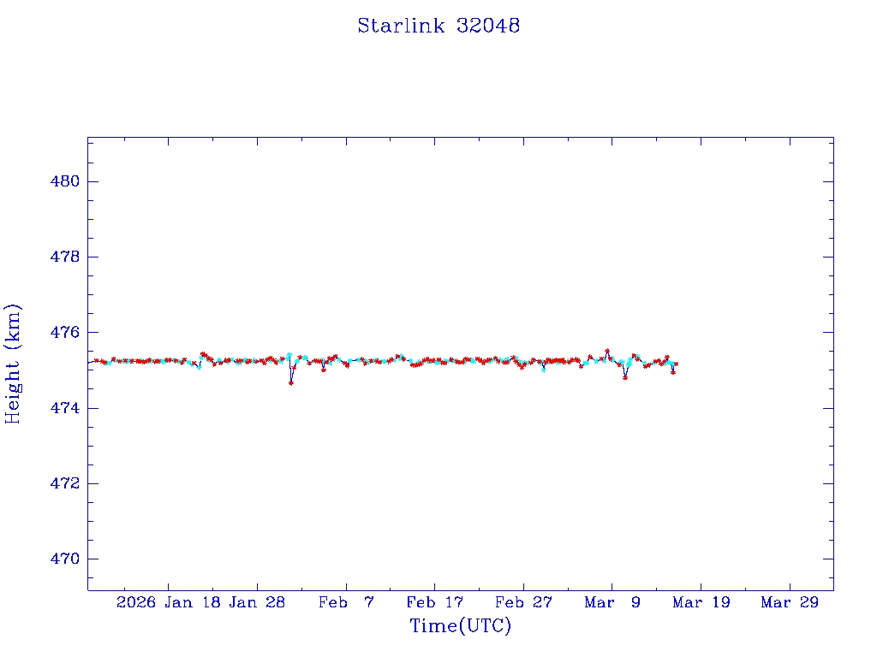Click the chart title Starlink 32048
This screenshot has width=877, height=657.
click(x=438, y=26)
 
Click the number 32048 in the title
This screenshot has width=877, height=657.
click(x=488, y=26)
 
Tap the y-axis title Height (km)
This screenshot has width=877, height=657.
click(x=13, y=363)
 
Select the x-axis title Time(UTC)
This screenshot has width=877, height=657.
click(x=461, y=626)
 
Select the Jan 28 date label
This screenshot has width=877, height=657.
click(x=257, y=602)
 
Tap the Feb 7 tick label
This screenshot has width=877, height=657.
click(x=346, y=602)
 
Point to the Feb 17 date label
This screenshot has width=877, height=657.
click(x=434, y=602)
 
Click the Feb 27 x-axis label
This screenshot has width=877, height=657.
click(x=523, y=602)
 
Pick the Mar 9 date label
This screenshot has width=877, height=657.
click(x=612, y=602)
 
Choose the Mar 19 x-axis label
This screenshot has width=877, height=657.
click(x=701, y=602)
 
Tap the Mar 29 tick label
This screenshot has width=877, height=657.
click(x=790, y=602)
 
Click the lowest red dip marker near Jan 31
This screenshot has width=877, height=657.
click(x=291, y=382)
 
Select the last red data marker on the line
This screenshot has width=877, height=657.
click(x=676, y=364)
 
